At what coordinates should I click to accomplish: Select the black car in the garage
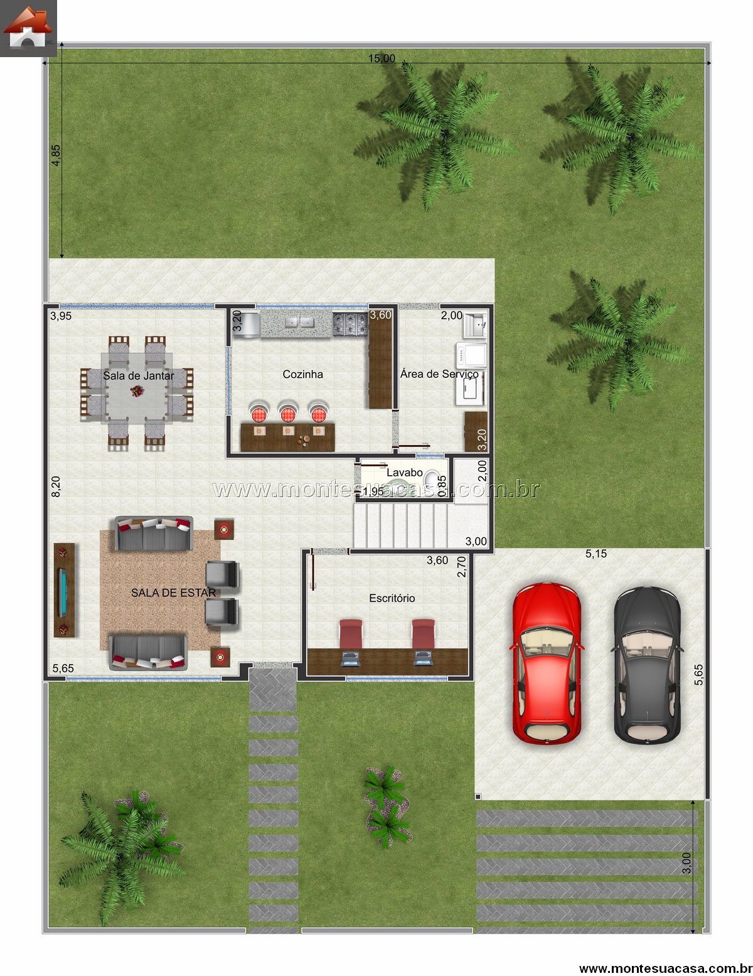point(647,665)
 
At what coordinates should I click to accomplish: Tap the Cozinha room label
point(302,374)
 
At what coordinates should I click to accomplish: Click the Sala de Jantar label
point(138,375)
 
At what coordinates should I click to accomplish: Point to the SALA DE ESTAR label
point(173,593)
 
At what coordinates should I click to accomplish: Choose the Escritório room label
point(392,598)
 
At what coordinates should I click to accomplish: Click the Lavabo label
point(405,473)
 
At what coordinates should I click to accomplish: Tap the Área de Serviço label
point(440,374)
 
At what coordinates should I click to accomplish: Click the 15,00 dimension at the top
point(382,58)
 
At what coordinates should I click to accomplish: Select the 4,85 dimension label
point(56,156)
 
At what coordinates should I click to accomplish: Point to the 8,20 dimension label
point(56,486)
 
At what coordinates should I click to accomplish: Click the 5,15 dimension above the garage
point(596,554)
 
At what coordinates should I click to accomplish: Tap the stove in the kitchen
point(350,324)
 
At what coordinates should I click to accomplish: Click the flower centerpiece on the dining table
point(136,391)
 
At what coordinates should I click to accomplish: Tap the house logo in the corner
point(28,28)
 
